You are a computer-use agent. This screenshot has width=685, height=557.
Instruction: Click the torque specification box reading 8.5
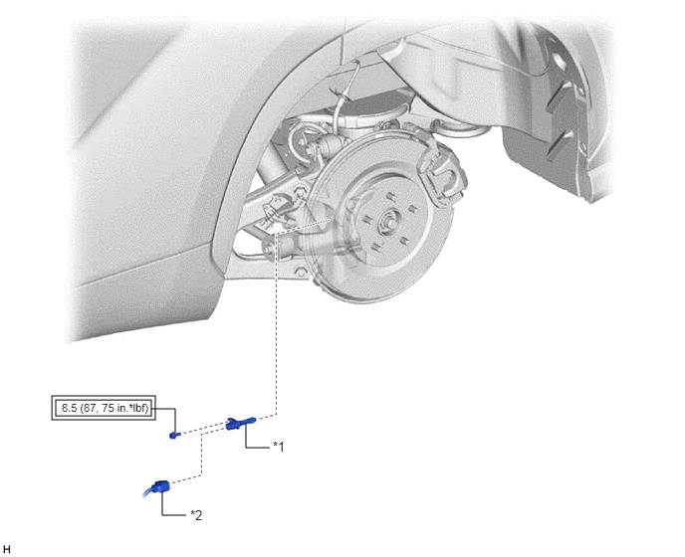[104, 408]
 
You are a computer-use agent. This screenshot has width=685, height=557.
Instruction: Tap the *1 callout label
[279, 447]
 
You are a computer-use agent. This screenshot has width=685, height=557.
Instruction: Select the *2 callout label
[196, 515]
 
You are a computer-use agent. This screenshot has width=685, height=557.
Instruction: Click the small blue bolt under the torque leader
[174, 435]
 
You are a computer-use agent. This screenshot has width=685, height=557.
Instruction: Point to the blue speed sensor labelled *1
[240, 423]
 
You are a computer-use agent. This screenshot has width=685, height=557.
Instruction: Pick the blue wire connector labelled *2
[160, 486]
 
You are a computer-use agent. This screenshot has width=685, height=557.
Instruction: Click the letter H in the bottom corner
[7, 550]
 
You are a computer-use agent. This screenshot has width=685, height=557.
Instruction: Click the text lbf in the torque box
[140, 408]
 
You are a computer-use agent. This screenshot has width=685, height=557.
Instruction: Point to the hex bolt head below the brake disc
[300, 272]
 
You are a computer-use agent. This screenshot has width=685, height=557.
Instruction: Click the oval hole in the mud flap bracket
[561, 58]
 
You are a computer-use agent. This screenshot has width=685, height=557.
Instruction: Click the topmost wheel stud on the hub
[391, 196]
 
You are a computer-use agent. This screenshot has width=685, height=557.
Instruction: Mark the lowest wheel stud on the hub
[375, 248]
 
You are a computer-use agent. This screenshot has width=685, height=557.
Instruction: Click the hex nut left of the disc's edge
[300, 191]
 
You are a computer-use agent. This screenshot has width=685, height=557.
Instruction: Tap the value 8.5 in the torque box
[69, 408]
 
